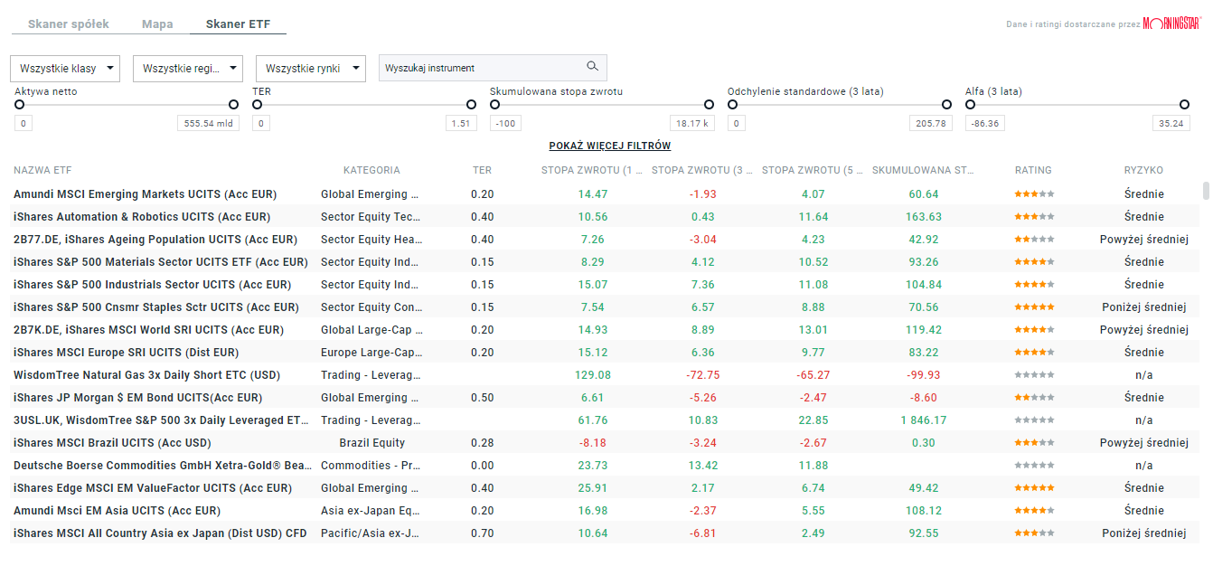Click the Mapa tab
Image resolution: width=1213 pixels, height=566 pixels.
[157, 24]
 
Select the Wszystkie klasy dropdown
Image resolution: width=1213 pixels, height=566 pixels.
[65, 68]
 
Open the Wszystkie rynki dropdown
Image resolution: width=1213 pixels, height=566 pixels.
[310, 68]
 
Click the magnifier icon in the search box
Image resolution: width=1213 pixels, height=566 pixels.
[593, 67]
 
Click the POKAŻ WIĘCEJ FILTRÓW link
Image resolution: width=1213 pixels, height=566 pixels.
[610, 146]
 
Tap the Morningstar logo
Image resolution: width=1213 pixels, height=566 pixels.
[1171, 24]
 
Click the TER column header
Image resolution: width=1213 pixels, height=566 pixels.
[482, 170]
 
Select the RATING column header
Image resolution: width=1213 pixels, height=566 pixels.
[1033, 170]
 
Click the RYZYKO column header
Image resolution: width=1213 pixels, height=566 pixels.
[1143, 170]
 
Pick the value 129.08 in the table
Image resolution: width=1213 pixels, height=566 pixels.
[593, 375]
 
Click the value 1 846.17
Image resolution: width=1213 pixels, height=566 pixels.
[924, 420]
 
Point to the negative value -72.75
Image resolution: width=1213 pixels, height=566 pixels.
[703, 375]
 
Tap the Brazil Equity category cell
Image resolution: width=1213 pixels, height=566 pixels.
[371, 443]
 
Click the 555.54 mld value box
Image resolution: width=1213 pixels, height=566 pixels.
[208, 124]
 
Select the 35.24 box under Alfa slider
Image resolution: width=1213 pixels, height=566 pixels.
[1171, 124]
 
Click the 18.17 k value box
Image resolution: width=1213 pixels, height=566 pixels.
[692, 124]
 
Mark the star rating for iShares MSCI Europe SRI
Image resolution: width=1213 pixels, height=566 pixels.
[1033, 353]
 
